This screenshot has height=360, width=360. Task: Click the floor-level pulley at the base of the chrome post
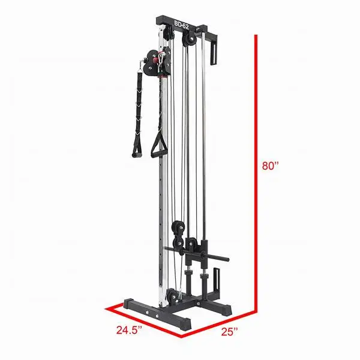coord(173,295)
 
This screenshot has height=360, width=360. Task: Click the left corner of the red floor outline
coord(107,308)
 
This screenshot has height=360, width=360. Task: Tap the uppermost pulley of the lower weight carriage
coord(178,227)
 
